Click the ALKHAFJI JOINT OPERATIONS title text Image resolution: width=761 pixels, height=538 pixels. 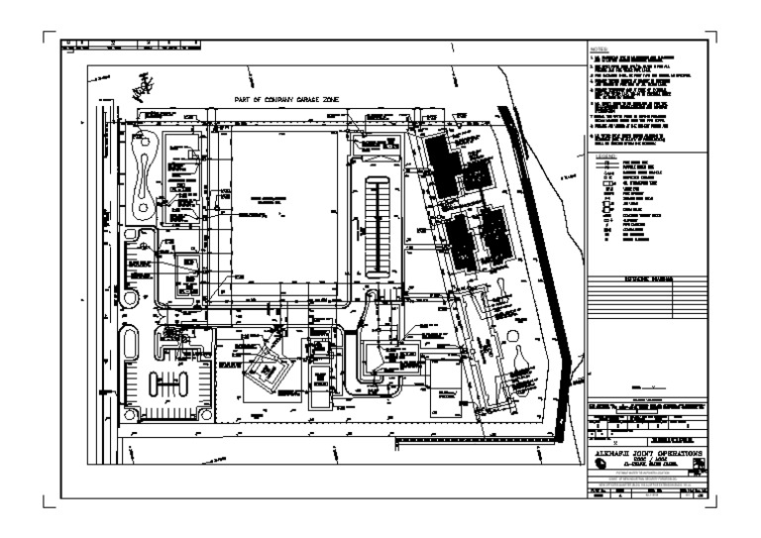[644, 450]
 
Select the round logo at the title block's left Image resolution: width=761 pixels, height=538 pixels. [599, 463]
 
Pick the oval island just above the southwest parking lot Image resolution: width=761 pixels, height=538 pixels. [131, 346]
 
